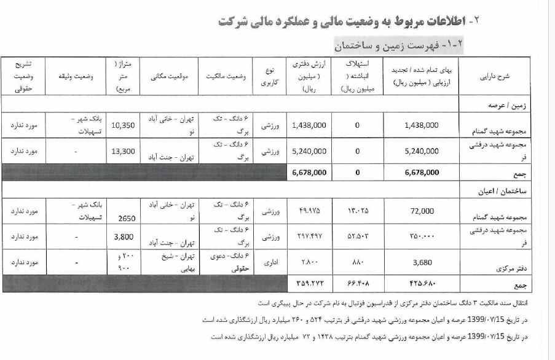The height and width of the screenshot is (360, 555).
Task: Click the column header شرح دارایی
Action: tap(506, 79)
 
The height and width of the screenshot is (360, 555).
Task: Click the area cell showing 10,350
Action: tap(128, 125)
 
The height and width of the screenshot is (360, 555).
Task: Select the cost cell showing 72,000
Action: tap(422, 211)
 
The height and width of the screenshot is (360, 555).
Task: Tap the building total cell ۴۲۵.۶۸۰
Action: tap(422, 284)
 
